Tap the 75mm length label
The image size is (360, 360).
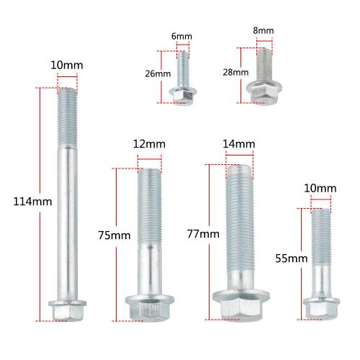114,235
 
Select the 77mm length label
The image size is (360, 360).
203,234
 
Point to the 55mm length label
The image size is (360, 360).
292,257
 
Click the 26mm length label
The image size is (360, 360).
158,73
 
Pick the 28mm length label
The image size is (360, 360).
235,73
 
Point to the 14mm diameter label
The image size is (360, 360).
239,144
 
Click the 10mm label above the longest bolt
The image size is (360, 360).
66,66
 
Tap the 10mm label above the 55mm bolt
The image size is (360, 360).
320,189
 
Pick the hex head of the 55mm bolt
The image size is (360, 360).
320,307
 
